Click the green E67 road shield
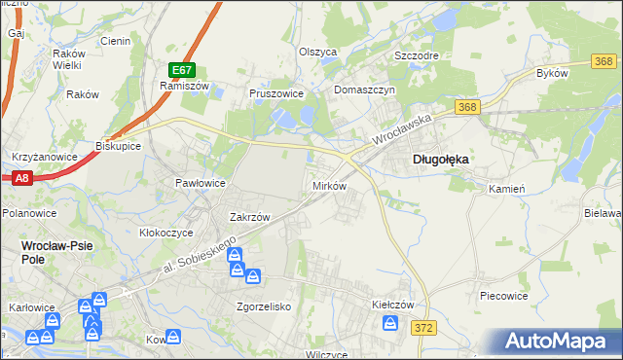pos(182,70)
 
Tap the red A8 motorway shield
pos(22,178)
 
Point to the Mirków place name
pos(328,185)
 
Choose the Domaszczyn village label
pos(363,90)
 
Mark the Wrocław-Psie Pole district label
pos(57,252)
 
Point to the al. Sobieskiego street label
pos(199,261)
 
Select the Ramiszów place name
pos(179,86)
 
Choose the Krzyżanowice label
pos(38,156)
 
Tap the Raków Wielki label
pos(67,59)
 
